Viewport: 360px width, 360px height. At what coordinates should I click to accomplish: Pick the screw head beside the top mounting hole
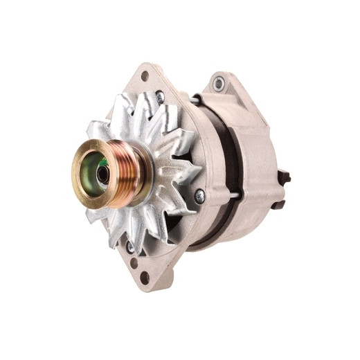161,97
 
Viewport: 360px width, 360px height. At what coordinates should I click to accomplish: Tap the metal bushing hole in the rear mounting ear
219,83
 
